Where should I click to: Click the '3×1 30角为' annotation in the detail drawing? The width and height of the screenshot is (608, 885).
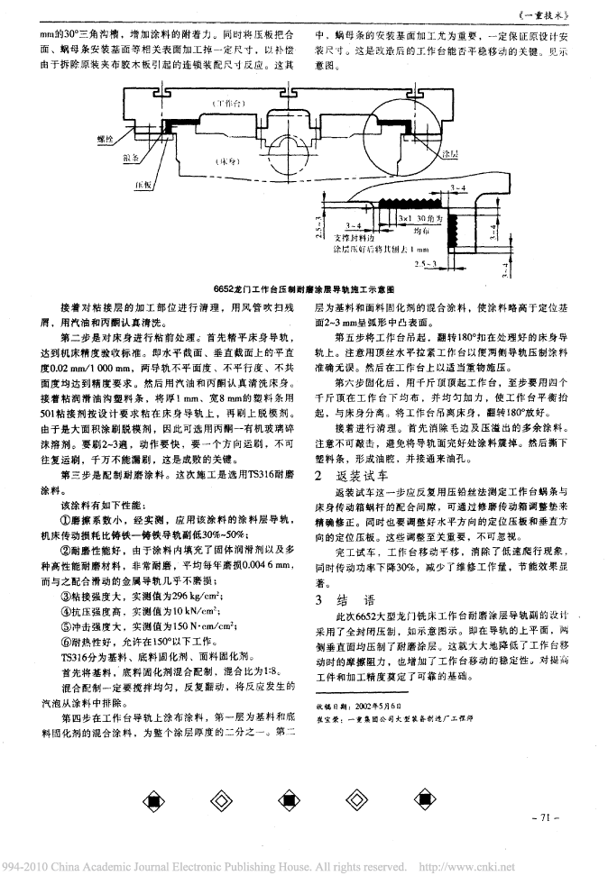[x=427, y=218]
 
